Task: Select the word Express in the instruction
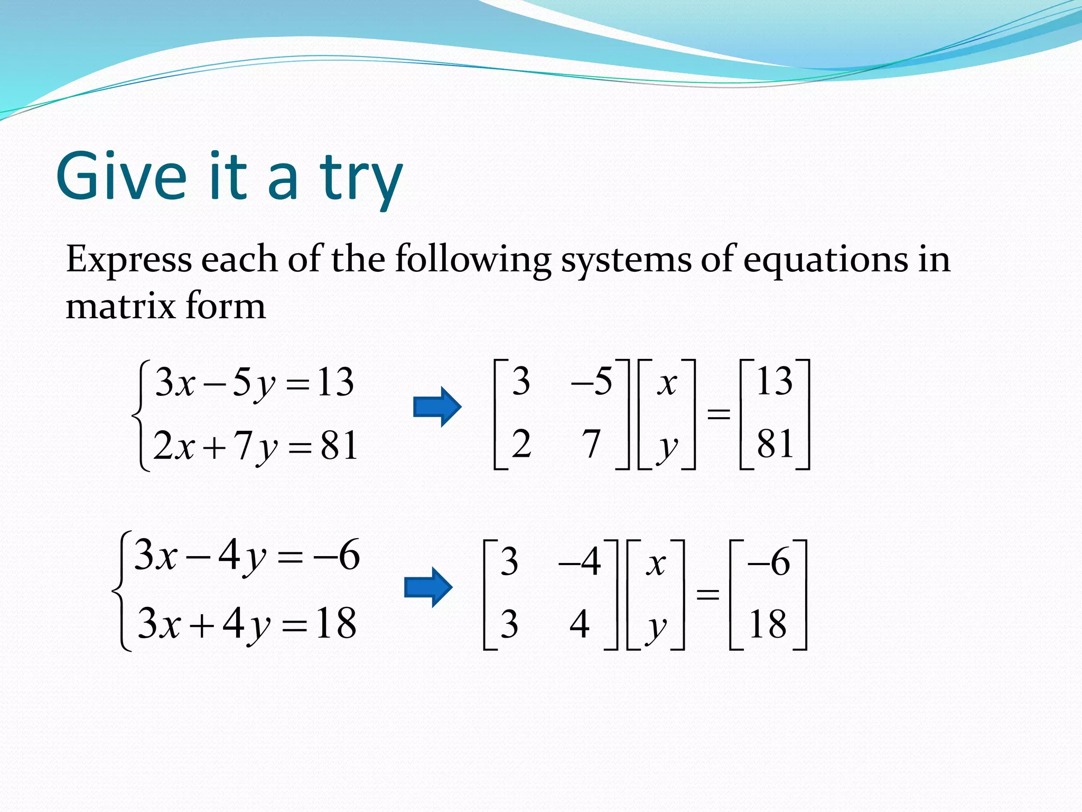point(129,260)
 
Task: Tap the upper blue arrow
point(437,407)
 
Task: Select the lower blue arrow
point(428,587)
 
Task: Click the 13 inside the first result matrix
point(775,382)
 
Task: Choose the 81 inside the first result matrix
point(775,444)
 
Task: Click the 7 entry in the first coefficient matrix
point(591,444)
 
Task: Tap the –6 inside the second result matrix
point(769,562)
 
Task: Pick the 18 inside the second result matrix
point(768,624)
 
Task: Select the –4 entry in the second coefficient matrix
point(580,562)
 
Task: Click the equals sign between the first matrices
point(719,413)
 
